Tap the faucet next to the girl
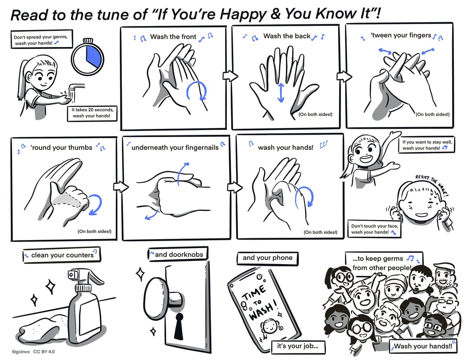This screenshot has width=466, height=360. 74,88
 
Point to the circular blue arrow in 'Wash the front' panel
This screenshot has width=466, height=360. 196,92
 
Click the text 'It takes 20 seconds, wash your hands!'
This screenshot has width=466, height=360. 92,113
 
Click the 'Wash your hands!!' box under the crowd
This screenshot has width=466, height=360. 423,346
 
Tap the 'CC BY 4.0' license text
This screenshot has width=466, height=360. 44,352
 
